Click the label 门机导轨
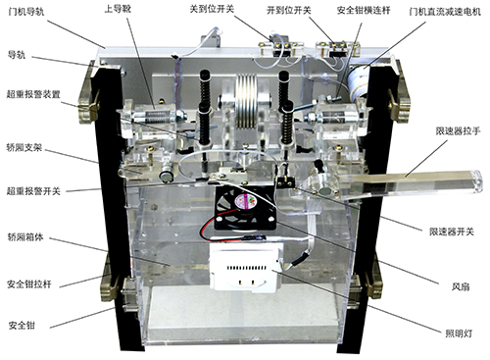coord(26,13)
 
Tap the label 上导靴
coord(118,9)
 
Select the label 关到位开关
coord(212,9)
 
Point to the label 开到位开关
coord(289,11)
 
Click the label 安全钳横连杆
coord(364,11)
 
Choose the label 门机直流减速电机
coord(445,12)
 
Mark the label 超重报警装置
coord(33,94)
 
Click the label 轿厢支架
coord(24,147)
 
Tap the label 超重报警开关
coord(33,190)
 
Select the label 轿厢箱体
coord(25,237)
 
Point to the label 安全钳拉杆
coord(29,283)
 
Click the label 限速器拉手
coord(458,131)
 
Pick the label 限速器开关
coord(452,231)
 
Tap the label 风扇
coord(461,286)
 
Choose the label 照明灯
coord(459,334)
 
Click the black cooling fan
coord(244,207)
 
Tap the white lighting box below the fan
coord(246,267)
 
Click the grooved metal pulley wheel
coord(246,103)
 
